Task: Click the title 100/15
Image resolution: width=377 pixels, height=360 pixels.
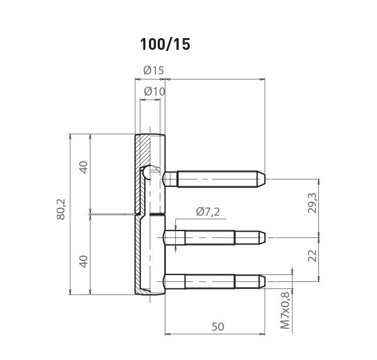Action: click(165, 44)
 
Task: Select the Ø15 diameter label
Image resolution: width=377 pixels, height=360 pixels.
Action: click(154, 70)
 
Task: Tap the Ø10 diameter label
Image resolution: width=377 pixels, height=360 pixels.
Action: click(154, 91)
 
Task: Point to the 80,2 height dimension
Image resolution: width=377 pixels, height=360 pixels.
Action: click(61, 209)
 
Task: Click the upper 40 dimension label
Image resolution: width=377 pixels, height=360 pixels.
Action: click(84, 167)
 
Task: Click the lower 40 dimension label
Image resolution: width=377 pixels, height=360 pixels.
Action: click(84, 261)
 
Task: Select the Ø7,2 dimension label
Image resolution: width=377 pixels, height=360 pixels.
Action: click(208, 212)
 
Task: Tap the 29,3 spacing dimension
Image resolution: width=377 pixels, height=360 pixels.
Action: click(313, 203)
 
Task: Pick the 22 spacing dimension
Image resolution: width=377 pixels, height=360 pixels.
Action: click(313, 256)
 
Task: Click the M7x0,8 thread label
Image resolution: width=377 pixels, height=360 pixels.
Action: click(286, 311)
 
